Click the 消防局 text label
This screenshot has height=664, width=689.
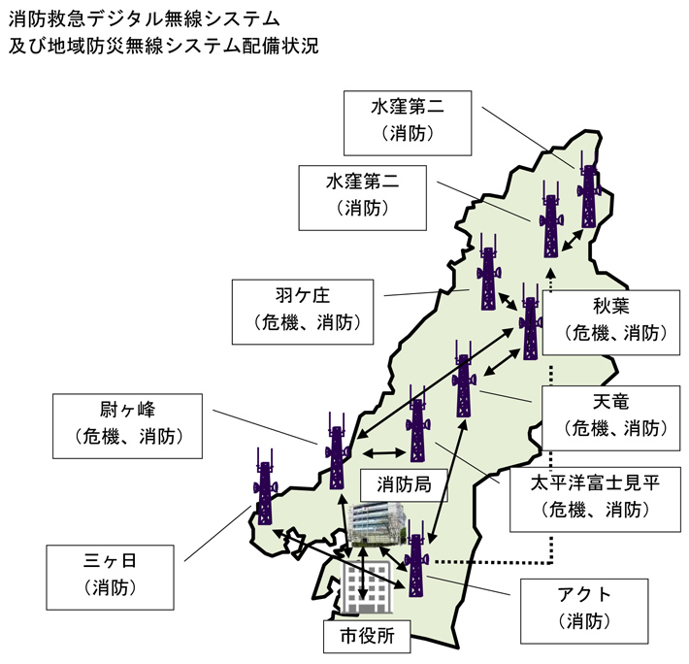coord(397,482)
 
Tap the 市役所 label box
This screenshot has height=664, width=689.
coord(367,638)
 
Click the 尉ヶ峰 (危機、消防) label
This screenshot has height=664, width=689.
coord(130,424)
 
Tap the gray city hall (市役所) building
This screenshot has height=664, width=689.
coord(366,589)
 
